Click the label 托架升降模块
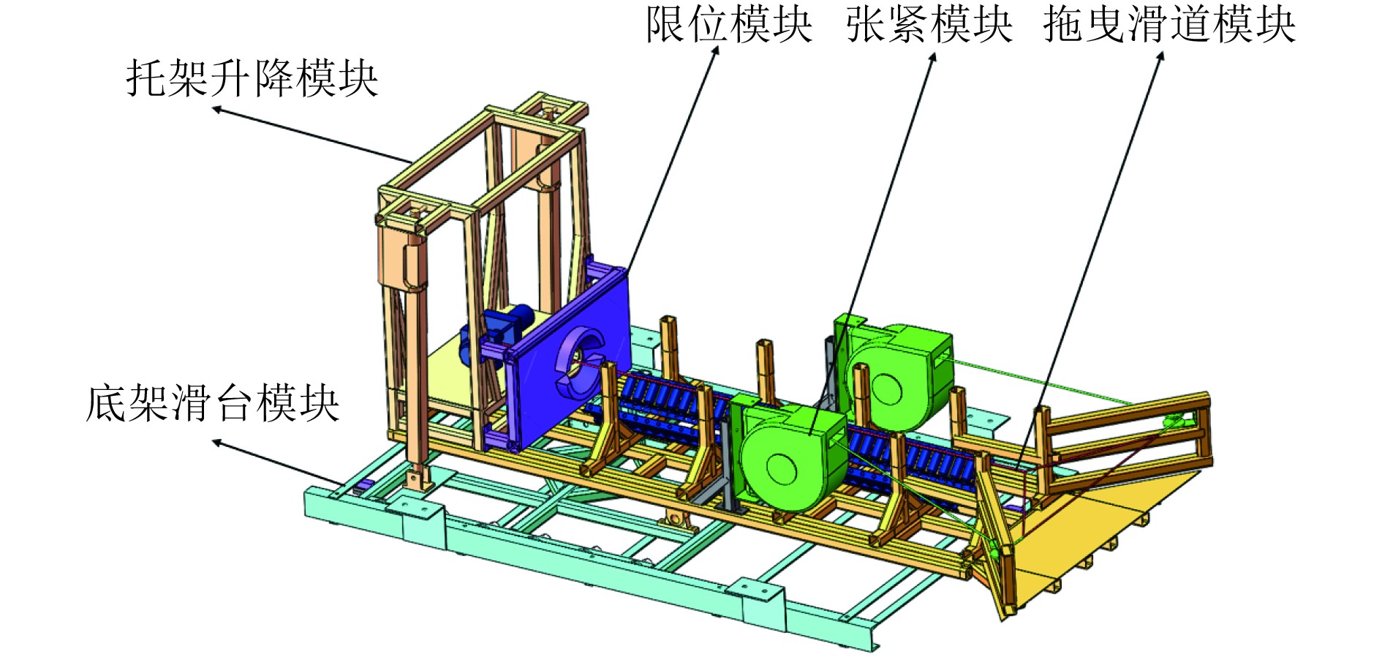(x=252, y=78)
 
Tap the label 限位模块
(x=728, y=25)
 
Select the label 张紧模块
(x=929, y=25)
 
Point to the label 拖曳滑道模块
(x=1169, y=25)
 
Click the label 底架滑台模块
(x=212, y=403)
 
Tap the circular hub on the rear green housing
(x=886, y=388)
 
